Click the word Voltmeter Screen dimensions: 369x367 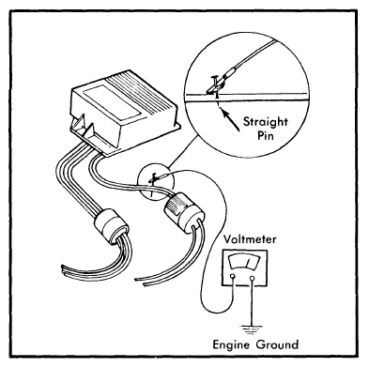point(250,239)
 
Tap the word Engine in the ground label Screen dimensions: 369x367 point(232,344)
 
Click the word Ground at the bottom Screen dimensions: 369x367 point(277,344)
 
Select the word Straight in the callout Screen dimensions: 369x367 point(266,122)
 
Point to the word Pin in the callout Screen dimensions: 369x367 point(266,135)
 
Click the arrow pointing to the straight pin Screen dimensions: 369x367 point(229,119)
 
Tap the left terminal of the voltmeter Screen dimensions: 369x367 point(232,277)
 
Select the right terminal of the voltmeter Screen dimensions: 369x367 point(252,277)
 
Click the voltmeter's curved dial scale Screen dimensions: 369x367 point(244,262)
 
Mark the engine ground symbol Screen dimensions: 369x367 point(252,329)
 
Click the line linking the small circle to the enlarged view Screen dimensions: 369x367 point(183,151)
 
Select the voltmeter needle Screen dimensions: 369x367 point(248,263)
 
